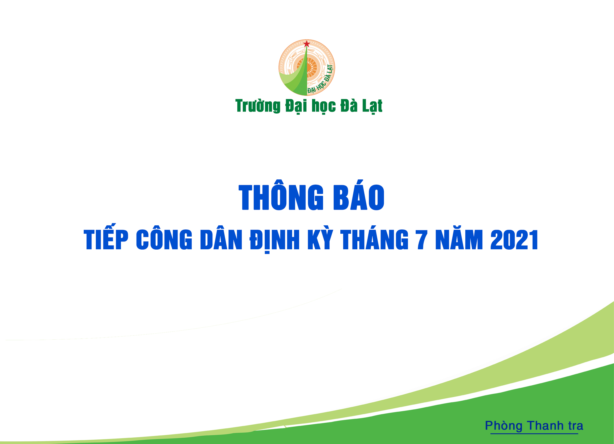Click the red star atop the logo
tap(307, 44)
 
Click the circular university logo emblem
tap(307, 68)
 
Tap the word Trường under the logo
tap(258, 106)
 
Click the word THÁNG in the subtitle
tap(374, 239)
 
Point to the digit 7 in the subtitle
tap(422, 239)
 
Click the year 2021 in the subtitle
tap(514, 239)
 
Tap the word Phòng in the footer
tap(504, 426)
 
